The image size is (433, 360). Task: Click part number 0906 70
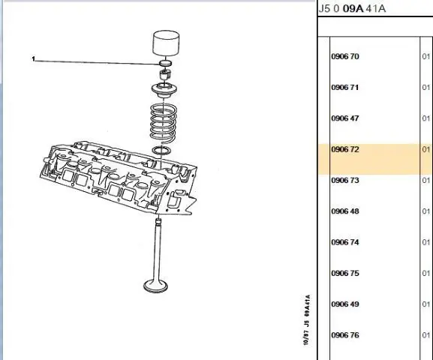(345, 56)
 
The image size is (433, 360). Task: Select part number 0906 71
(345, 88)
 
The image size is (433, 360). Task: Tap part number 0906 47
(345, 118)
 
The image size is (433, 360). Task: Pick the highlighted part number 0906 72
(345, 149)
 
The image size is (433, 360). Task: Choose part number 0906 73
(345, 180)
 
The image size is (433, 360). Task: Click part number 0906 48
(345, 211)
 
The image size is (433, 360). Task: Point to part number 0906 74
(345, 242)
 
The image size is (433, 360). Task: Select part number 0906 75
(345, 273)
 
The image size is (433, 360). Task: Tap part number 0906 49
(345, 304)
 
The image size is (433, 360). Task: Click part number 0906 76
(345, 335)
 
